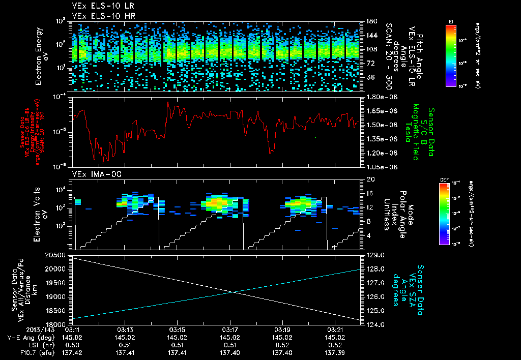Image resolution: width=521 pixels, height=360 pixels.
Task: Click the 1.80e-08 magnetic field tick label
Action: click(x=382, y=97)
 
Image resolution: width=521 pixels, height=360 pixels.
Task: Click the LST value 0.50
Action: click(x=72, y=345)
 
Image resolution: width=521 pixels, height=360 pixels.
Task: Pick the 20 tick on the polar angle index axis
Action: click(x=369, y=179)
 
